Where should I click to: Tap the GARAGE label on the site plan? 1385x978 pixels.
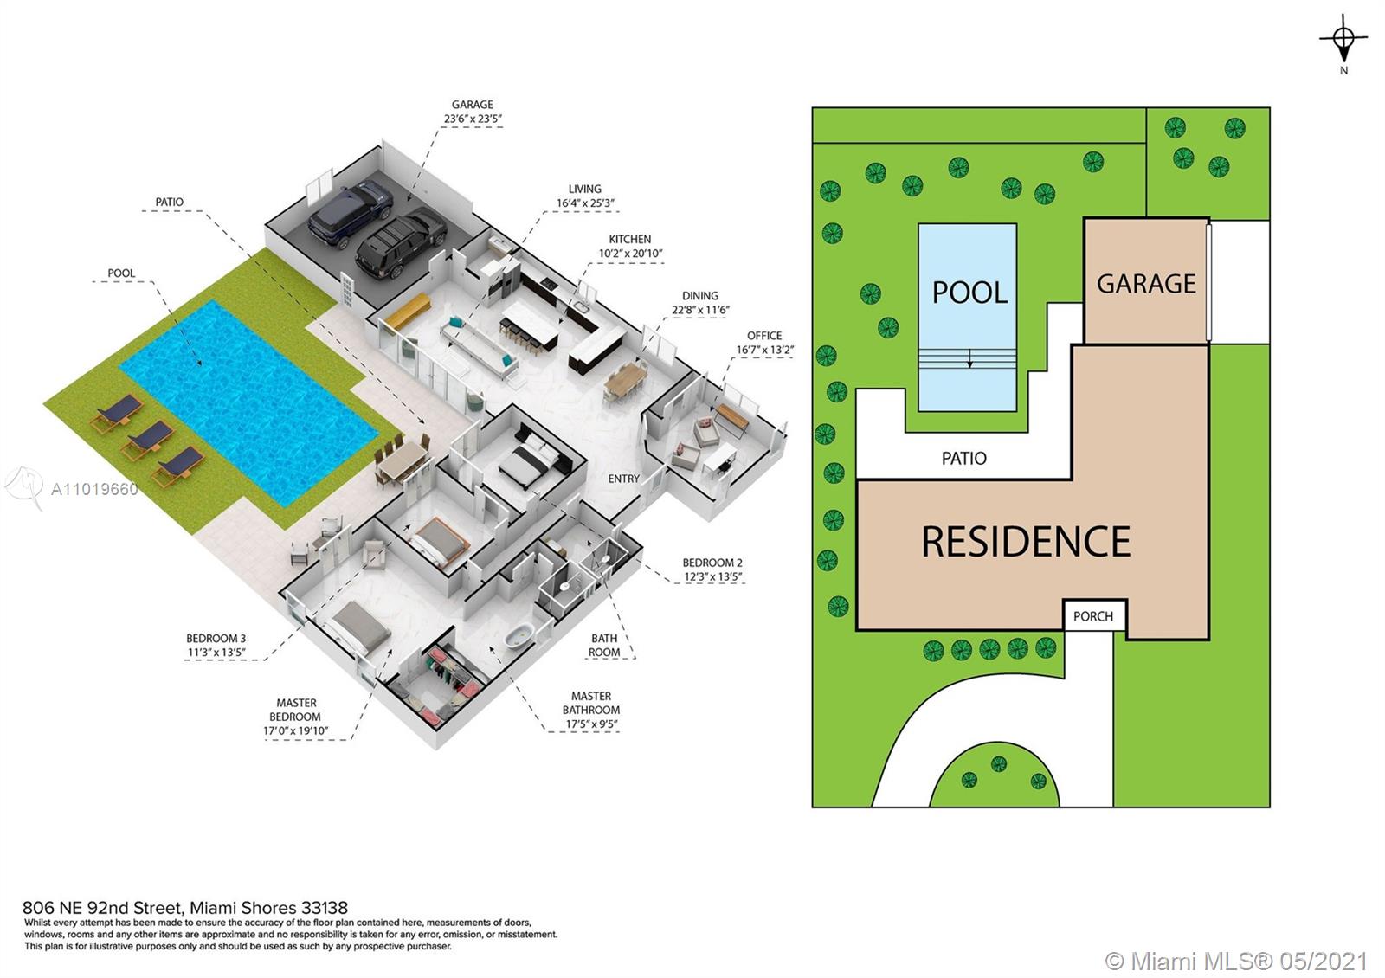(1146, 284)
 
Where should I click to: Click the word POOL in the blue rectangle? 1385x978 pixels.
(969, 293)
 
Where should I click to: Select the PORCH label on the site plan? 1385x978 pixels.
(1092, 616)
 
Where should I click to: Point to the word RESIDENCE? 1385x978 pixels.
(1026, 542)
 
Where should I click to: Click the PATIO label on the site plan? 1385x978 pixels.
(963, 458)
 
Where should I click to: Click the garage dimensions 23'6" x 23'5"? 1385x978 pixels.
(473, 119)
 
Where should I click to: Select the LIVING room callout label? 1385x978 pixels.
(584, 190)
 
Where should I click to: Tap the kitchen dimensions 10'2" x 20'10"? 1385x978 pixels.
(629, 254)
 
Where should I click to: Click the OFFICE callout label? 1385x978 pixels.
(764, 336)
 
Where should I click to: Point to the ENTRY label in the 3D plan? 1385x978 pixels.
(623, 479)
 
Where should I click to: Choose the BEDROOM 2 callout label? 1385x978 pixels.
(712, 563)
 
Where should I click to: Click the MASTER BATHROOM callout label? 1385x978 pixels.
(591, 703)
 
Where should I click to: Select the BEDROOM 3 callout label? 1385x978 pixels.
(216, 638)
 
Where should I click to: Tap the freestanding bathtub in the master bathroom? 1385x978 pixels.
(519, 634)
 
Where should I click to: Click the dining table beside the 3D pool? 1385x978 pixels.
(403, 460)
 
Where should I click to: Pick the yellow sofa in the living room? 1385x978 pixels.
(407, 311)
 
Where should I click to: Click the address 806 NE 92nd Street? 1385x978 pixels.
(103, 908)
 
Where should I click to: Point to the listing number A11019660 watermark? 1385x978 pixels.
(94, 489)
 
